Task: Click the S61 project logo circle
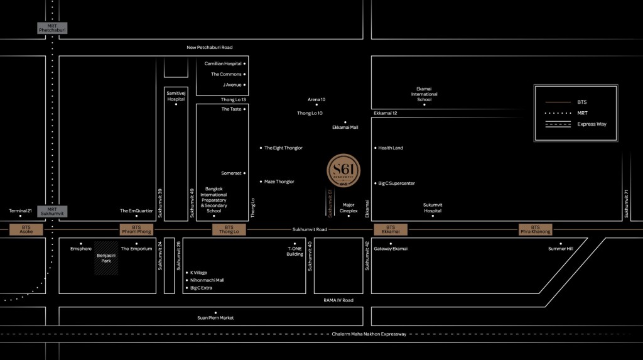[x=344, y=170]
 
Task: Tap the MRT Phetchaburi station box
[x=52, y=28]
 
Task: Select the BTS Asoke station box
[x=26, y=230]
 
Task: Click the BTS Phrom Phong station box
[x=136, y=230]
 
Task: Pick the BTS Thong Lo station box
[x=229, y=230]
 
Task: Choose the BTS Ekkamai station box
[x=391, y=230]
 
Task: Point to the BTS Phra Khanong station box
[x=535, y=230]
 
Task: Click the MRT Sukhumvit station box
[x=52, y=212]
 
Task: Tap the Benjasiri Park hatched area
[x=106, y=258]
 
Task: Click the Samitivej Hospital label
[x=176, y=96]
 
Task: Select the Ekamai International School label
[x=424, y=94]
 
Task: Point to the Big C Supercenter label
[x=396, y=183]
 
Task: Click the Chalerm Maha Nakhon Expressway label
[x=369, y=334]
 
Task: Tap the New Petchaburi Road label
[x=210, y=48]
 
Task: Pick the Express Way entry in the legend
[x=592, y=124]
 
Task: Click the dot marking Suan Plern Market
[x=215, y=312]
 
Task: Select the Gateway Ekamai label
[x=391, y=249]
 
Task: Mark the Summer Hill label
[x=561, y=249]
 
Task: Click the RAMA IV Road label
[x=338, y=300]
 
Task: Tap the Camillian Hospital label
[x=223, y=63]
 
